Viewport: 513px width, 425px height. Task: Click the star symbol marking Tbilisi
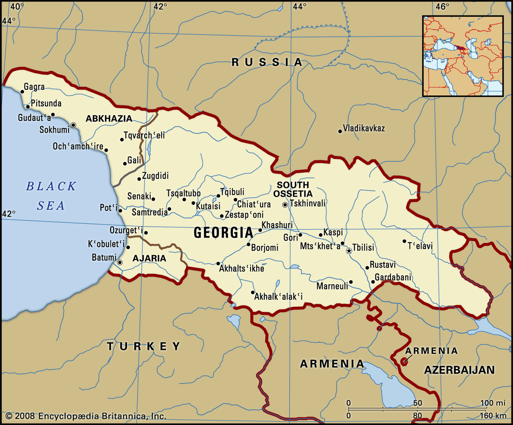coord(349,251)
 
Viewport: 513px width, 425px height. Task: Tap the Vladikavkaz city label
coord(364,129)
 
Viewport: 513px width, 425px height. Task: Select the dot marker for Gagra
coord(22,92)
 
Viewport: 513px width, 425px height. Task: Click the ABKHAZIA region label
coord(109,119)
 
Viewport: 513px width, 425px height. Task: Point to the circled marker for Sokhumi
coord(73,125)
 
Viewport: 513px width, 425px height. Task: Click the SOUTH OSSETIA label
coord(293,189)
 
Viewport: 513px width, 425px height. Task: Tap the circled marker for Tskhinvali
coord(285,205)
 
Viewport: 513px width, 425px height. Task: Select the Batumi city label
coord(104,257)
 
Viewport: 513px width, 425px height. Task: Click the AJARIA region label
coord(149,258)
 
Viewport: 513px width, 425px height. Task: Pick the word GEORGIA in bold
coord(223,233)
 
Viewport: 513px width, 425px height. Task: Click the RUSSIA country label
coord(267,62)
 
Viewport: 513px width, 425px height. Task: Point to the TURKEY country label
coord(144,346)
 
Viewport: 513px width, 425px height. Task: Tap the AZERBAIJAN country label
coord(459,370)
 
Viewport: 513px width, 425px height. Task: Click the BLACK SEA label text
coord(51,196)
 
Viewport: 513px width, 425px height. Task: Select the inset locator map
coord(463,56)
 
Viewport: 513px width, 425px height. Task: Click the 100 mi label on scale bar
coord(492,403)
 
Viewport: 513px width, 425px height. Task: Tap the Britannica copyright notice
coord(86,416)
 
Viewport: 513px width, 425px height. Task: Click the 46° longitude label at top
coord(442,6)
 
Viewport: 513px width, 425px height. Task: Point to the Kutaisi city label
coord(208,206)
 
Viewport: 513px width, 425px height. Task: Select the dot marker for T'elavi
coord(404,241)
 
